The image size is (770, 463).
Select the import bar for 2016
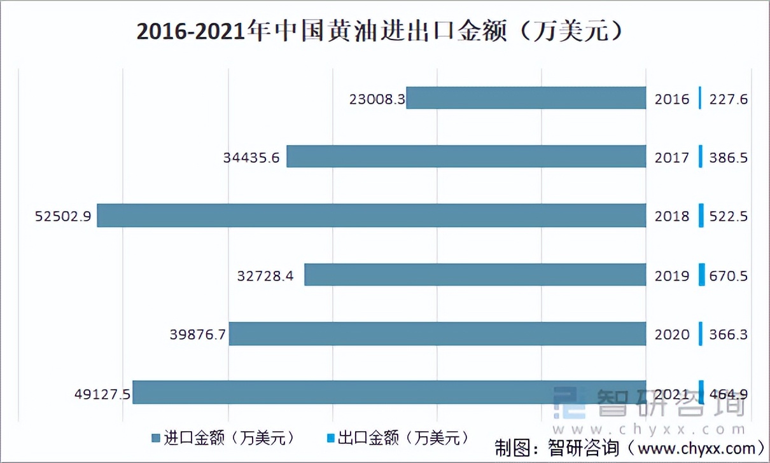click(x=526, y=98)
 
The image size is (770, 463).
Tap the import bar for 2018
click(x=371, y=216)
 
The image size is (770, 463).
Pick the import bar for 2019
click(x=475, y=275)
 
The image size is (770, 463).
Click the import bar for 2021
click(x=389, y=392)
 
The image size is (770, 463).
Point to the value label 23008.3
click(x=377, y=99)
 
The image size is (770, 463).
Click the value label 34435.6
click(x=251, y=158)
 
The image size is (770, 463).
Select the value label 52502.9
click(x=63, y=216)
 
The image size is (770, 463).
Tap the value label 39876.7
click(x=199, y=335)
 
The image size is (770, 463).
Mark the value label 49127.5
click(x=102, y=394)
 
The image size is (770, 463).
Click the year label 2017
click(x=672, y=158)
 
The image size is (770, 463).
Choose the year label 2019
click(x=672, y=276)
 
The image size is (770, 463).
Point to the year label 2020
click(x=672, y=335)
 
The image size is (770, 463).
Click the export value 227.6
click(x=728, y=99)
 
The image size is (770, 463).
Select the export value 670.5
click(x=728, y=276)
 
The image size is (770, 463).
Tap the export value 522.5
click(x=728, y=216)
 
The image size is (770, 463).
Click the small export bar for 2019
click(x=702, y=275)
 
